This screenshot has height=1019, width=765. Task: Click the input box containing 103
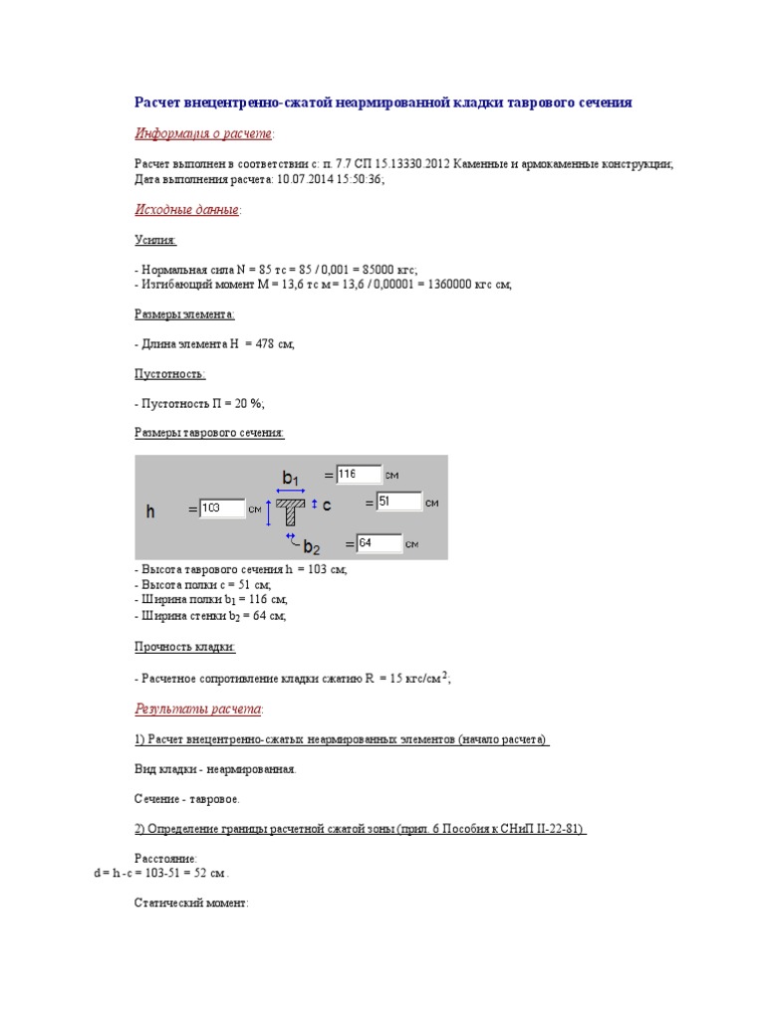pos(222,509)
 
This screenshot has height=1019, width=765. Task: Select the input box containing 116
pos(359,475)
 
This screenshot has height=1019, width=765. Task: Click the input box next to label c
pos(397,503)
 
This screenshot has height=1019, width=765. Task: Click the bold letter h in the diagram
pos(150,511)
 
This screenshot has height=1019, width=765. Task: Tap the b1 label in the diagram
pos(291,479)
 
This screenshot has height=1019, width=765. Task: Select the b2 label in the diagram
pos(311,547)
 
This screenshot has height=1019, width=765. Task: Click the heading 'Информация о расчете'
pos(203,133)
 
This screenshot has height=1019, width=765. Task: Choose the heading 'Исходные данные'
pos(186,210)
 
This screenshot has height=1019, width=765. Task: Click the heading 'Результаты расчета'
pos(198,709)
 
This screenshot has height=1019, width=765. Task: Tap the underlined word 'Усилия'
pos(154,240)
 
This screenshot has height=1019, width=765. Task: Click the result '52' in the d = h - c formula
pos(203,873)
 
